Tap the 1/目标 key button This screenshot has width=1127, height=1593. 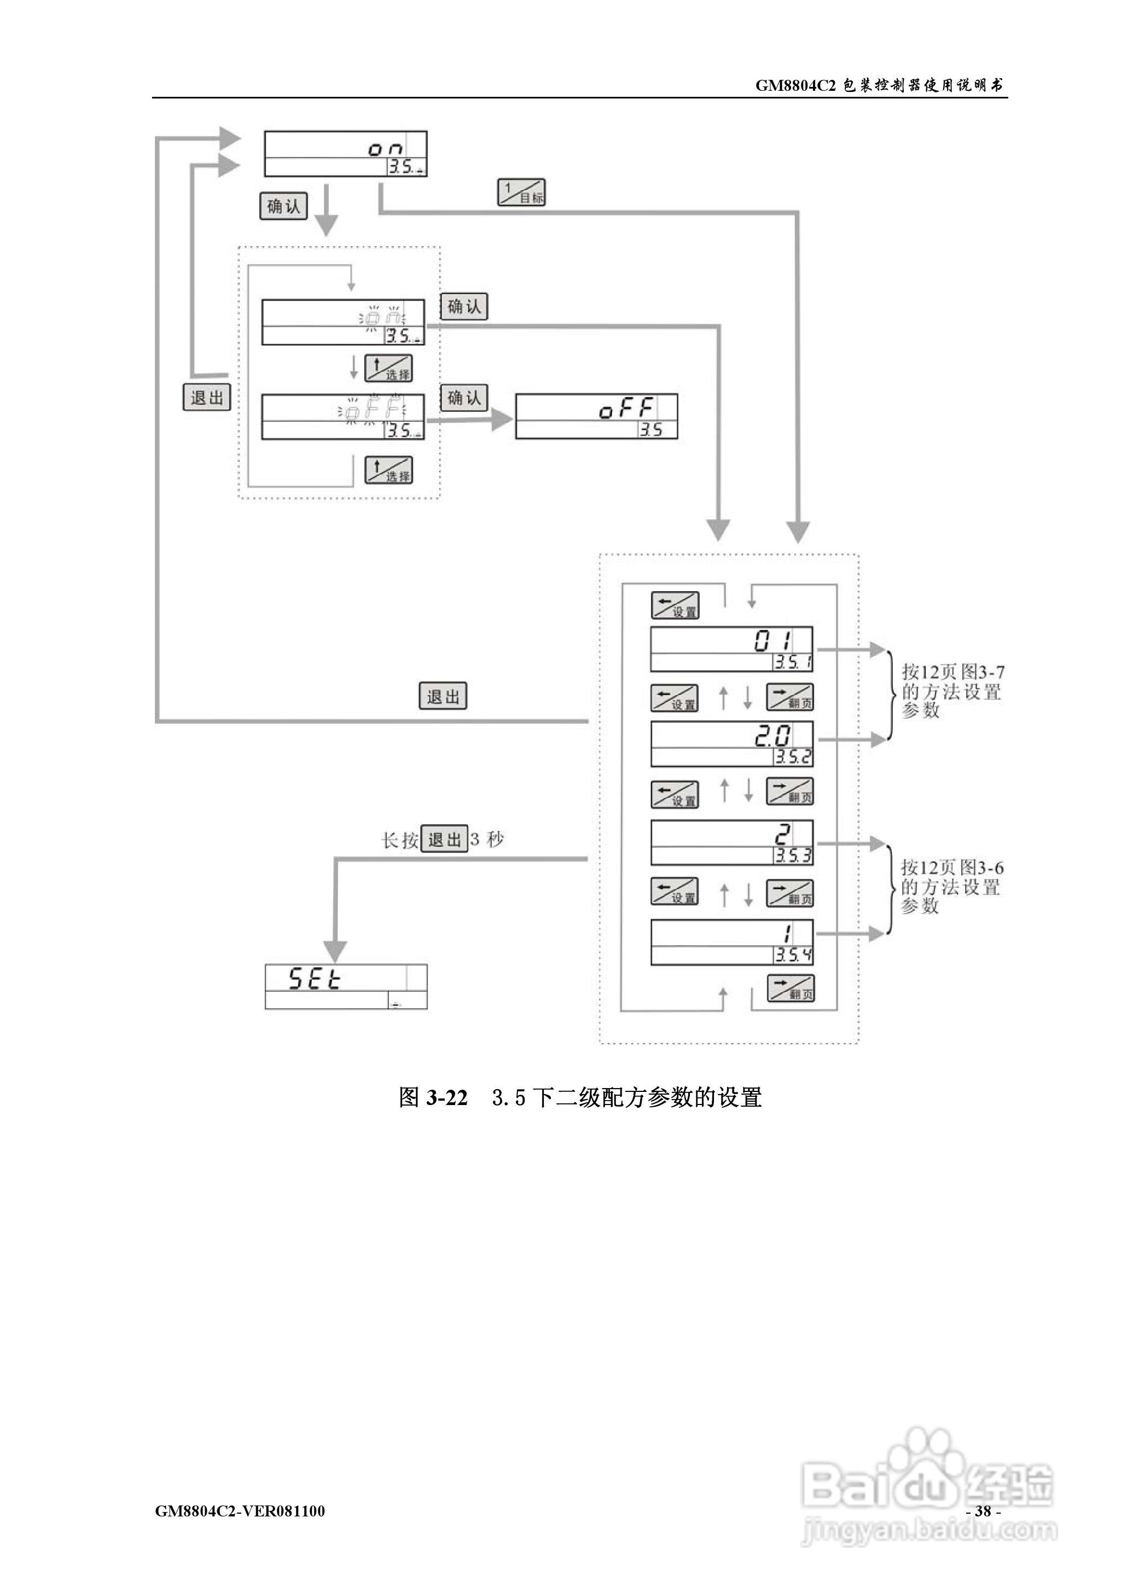click(521, 192)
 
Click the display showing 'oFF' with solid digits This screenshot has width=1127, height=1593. click(596, 416)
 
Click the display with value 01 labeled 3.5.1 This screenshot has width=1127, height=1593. click(731, 649)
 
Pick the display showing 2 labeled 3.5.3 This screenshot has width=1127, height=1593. click(731, 843)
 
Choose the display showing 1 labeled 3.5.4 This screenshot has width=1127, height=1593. click(731, 942)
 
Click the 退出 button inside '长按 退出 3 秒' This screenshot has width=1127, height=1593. click(444, 840)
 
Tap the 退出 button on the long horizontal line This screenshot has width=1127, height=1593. click(443, 696)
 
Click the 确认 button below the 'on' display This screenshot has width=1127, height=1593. click(283, 206)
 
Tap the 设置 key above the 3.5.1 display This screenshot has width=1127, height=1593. click(675, 605)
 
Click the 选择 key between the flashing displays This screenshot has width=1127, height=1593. click(388, 368)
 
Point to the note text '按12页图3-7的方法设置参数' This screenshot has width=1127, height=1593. click(951, 691)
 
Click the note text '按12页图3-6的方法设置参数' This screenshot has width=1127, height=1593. click(951, 887)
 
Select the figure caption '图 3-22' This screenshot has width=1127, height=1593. click(433, 1097)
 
